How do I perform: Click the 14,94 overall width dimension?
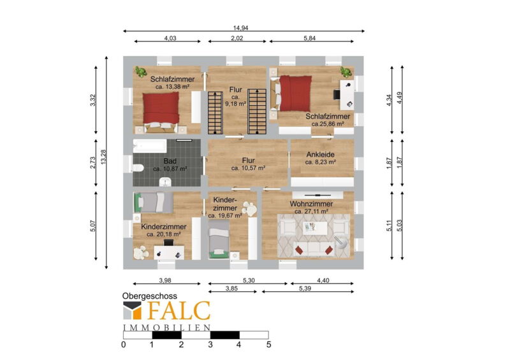(x=241, y=28)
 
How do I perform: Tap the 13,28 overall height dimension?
(x=103, y=157)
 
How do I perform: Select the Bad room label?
(x=170, y=161)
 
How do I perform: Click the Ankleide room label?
(x=321, y=154)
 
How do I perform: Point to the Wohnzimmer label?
(x=311, y=204)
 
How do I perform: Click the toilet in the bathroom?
(x=138, y=168)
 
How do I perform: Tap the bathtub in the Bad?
(x=150, y=147)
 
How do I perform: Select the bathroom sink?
(x=165, y=182)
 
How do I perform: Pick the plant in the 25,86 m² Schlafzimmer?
(x=346, y=72)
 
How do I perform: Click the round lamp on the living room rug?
(x=341, y=242)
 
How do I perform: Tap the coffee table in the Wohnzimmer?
(x=315, y=227)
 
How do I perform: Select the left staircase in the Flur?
(x=215, y=113)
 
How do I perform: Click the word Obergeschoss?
(x=150, y=296)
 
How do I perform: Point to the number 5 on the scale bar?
(x=268, y=345)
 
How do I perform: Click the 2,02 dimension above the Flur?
(x=237, y=38)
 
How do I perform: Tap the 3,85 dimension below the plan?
(x=231, y=289)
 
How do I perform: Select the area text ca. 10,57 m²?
(x=248, y=168)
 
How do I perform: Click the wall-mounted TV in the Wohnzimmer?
(x=317, y=195)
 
